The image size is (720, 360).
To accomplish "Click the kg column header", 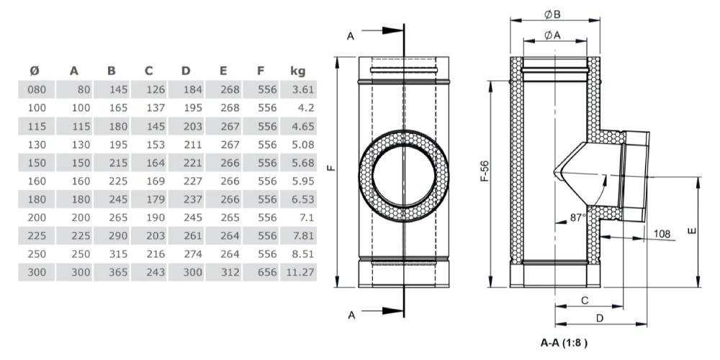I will tap(297, 71).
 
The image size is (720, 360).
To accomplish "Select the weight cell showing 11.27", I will tap(297, 272).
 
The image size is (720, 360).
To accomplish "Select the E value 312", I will tap(229, 272).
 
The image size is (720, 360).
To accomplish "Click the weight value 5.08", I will tap(297, 144).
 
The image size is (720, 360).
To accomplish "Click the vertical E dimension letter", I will tap(691, 231).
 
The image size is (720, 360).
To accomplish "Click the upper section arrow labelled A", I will tap(350, 36).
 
